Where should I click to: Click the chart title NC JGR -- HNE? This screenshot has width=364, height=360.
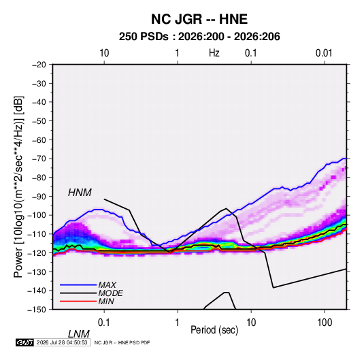coord(199,19)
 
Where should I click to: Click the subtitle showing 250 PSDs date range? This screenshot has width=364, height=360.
coord(199,37)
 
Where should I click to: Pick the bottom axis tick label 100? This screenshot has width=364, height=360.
coord(325,322)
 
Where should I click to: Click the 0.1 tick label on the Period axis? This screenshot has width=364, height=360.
coord(103,322)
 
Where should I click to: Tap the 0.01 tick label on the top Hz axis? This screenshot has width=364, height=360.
coord(324,53)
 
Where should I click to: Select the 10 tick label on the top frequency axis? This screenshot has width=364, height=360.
coord(104,53)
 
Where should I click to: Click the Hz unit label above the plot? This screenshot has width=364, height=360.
coord(214,53)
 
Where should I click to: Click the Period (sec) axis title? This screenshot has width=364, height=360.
coord(214,330)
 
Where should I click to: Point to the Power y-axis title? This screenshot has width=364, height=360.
coord(18,187)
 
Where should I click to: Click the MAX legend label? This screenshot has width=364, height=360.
coord(107,284)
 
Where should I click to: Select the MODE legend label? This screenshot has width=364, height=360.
coord(110,293)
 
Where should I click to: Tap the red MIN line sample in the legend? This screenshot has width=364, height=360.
coord(78,301)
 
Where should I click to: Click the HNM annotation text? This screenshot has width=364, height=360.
coord(80,193)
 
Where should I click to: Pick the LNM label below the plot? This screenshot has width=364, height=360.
coord(79,334)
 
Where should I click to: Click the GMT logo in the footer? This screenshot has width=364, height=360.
coord(24,342)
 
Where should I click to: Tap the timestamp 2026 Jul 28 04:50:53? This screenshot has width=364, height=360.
coord(62,342)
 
